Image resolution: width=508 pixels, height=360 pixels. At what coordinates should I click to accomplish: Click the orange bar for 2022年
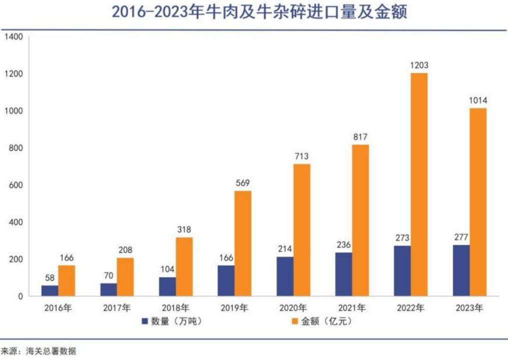[419, 184]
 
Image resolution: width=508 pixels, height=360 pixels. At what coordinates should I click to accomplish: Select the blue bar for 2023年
[461, 270]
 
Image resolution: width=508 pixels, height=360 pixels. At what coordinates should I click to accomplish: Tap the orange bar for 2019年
[243, 243]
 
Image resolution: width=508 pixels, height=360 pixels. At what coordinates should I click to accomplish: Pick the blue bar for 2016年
[49, 290]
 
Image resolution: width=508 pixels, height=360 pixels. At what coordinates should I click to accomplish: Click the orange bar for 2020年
[301, 229]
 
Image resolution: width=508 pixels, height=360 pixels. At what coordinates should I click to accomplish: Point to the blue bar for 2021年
[343, 274]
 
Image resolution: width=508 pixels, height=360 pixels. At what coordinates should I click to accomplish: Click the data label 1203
[419, 65]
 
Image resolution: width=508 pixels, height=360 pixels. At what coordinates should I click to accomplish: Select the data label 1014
[477, 100]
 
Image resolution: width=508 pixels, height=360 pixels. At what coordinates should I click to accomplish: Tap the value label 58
[49, 277]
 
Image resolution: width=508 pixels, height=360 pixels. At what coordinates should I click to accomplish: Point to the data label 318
[184, 229]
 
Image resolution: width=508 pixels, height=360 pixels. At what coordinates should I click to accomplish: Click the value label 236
[343, 244]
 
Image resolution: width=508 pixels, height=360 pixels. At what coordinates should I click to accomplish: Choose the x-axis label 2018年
[174, 308]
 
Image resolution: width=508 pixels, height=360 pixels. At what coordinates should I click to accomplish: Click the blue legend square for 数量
[145, 321]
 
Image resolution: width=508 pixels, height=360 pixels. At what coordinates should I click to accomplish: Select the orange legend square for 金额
[292, 321]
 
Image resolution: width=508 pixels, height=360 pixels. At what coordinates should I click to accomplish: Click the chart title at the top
[259, 12]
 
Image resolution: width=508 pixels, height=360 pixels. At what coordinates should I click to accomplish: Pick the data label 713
[301, 156]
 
